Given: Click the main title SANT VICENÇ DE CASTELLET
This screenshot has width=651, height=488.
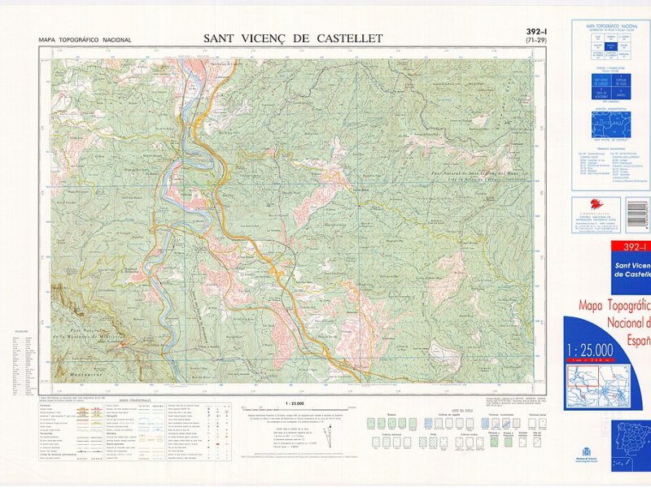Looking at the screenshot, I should [292, 38].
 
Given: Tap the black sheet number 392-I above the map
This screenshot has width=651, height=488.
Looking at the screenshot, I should [535, 32].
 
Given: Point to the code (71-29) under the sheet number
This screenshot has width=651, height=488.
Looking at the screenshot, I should [535, 41].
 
